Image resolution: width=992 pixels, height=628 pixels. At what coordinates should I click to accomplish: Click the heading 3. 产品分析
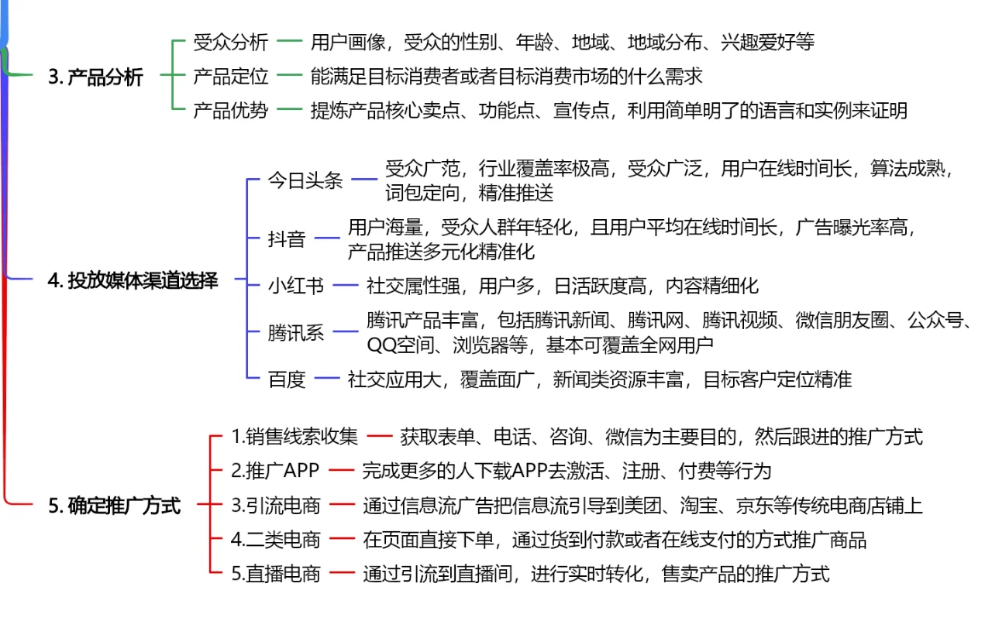pyautogui.click(x=95, y=77)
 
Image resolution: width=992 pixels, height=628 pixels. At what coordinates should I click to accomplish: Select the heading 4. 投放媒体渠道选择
pyautogui.click(x=133, y=280)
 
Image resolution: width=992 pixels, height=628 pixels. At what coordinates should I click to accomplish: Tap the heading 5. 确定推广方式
pyautogui.click(x=114, y=505)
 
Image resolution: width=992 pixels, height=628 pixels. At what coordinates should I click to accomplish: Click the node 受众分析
pyautogui.click(x=231, y=43)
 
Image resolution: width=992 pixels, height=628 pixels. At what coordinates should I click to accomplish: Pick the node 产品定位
pyautogui.click(x=231, y=76)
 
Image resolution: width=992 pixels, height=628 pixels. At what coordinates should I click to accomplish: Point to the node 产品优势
pyautogui.click(x=231, y=110)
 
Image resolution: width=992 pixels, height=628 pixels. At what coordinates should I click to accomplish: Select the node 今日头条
pyautogui.click(x=305, y=180)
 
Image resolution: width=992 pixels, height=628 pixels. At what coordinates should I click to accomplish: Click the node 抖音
pyautogui.click(x=287, y=239)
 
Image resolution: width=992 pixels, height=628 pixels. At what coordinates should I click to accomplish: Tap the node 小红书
pyautogui.click(x=296, y=286)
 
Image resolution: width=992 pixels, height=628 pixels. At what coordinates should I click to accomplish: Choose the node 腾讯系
pyautogui.click(x=296, y=332)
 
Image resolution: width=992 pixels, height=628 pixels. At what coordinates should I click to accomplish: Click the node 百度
pyautogui.click(x=287, y=379)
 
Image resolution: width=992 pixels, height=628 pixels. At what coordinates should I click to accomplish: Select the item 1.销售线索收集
pyautogui.click(x=294, y=437)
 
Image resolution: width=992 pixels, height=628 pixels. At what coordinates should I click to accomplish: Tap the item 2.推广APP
pyautogui.click(x=275, y=471)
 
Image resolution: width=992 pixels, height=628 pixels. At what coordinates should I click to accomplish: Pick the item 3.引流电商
pyautogui.click(x=275, y=505)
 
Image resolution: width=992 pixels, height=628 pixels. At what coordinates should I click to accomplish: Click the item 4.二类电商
pyautogui.click(x=275, y=540)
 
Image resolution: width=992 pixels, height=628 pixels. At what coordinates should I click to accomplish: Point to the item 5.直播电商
pyautogui.click(x=275, y=574)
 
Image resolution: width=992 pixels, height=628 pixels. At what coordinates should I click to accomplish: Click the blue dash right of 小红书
pyautogui.click(x=346, y=286)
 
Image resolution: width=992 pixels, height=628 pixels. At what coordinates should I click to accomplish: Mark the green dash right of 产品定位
pyautogui.click(x=289, y=75)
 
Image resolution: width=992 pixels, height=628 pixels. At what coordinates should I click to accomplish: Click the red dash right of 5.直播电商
pyautogui.click(x=342, y=573)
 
